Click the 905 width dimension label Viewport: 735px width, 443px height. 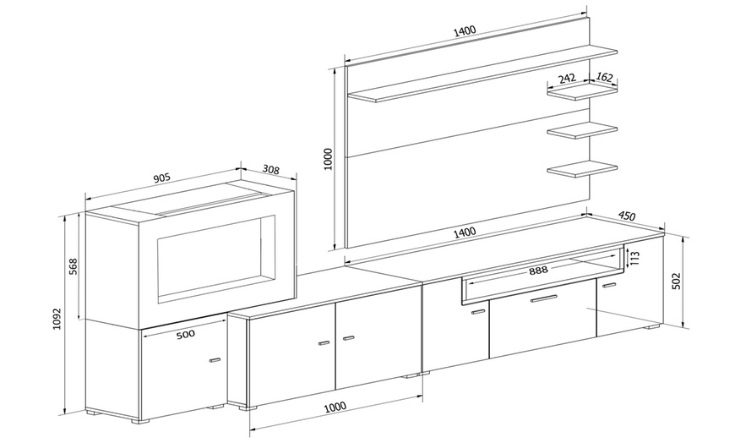(162, 178)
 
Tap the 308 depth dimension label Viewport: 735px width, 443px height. (270, 170)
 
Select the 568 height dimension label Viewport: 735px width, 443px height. (73, 266)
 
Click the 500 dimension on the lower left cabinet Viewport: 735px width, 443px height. (185, 334)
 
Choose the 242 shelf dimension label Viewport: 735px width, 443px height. (567, 78)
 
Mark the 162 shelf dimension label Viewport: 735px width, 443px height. (605, 77)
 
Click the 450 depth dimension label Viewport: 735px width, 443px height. (627, 216)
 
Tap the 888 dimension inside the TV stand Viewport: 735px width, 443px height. (538, 271)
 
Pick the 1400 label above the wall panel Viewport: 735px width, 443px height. (464, 31)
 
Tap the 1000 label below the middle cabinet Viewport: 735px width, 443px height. (335, 407)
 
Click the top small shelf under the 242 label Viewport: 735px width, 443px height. (582, 93)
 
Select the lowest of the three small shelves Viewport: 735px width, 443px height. (582, 169)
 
